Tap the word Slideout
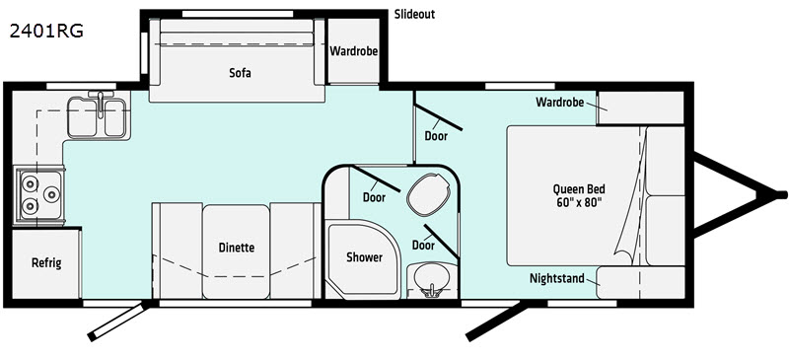[x=414, y=14]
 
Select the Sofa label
[x=240, y=72]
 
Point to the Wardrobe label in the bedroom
[x=562, y=103]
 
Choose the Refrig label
[x=45, y=263]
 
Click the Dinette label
[x=237, y=248]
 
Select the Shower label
[x=363, y=257]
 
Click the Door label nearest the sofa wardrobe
[x=436, y=136]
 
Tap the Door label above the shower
[x=373, y=197]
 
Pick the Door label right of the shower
[x=423, y=245]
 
